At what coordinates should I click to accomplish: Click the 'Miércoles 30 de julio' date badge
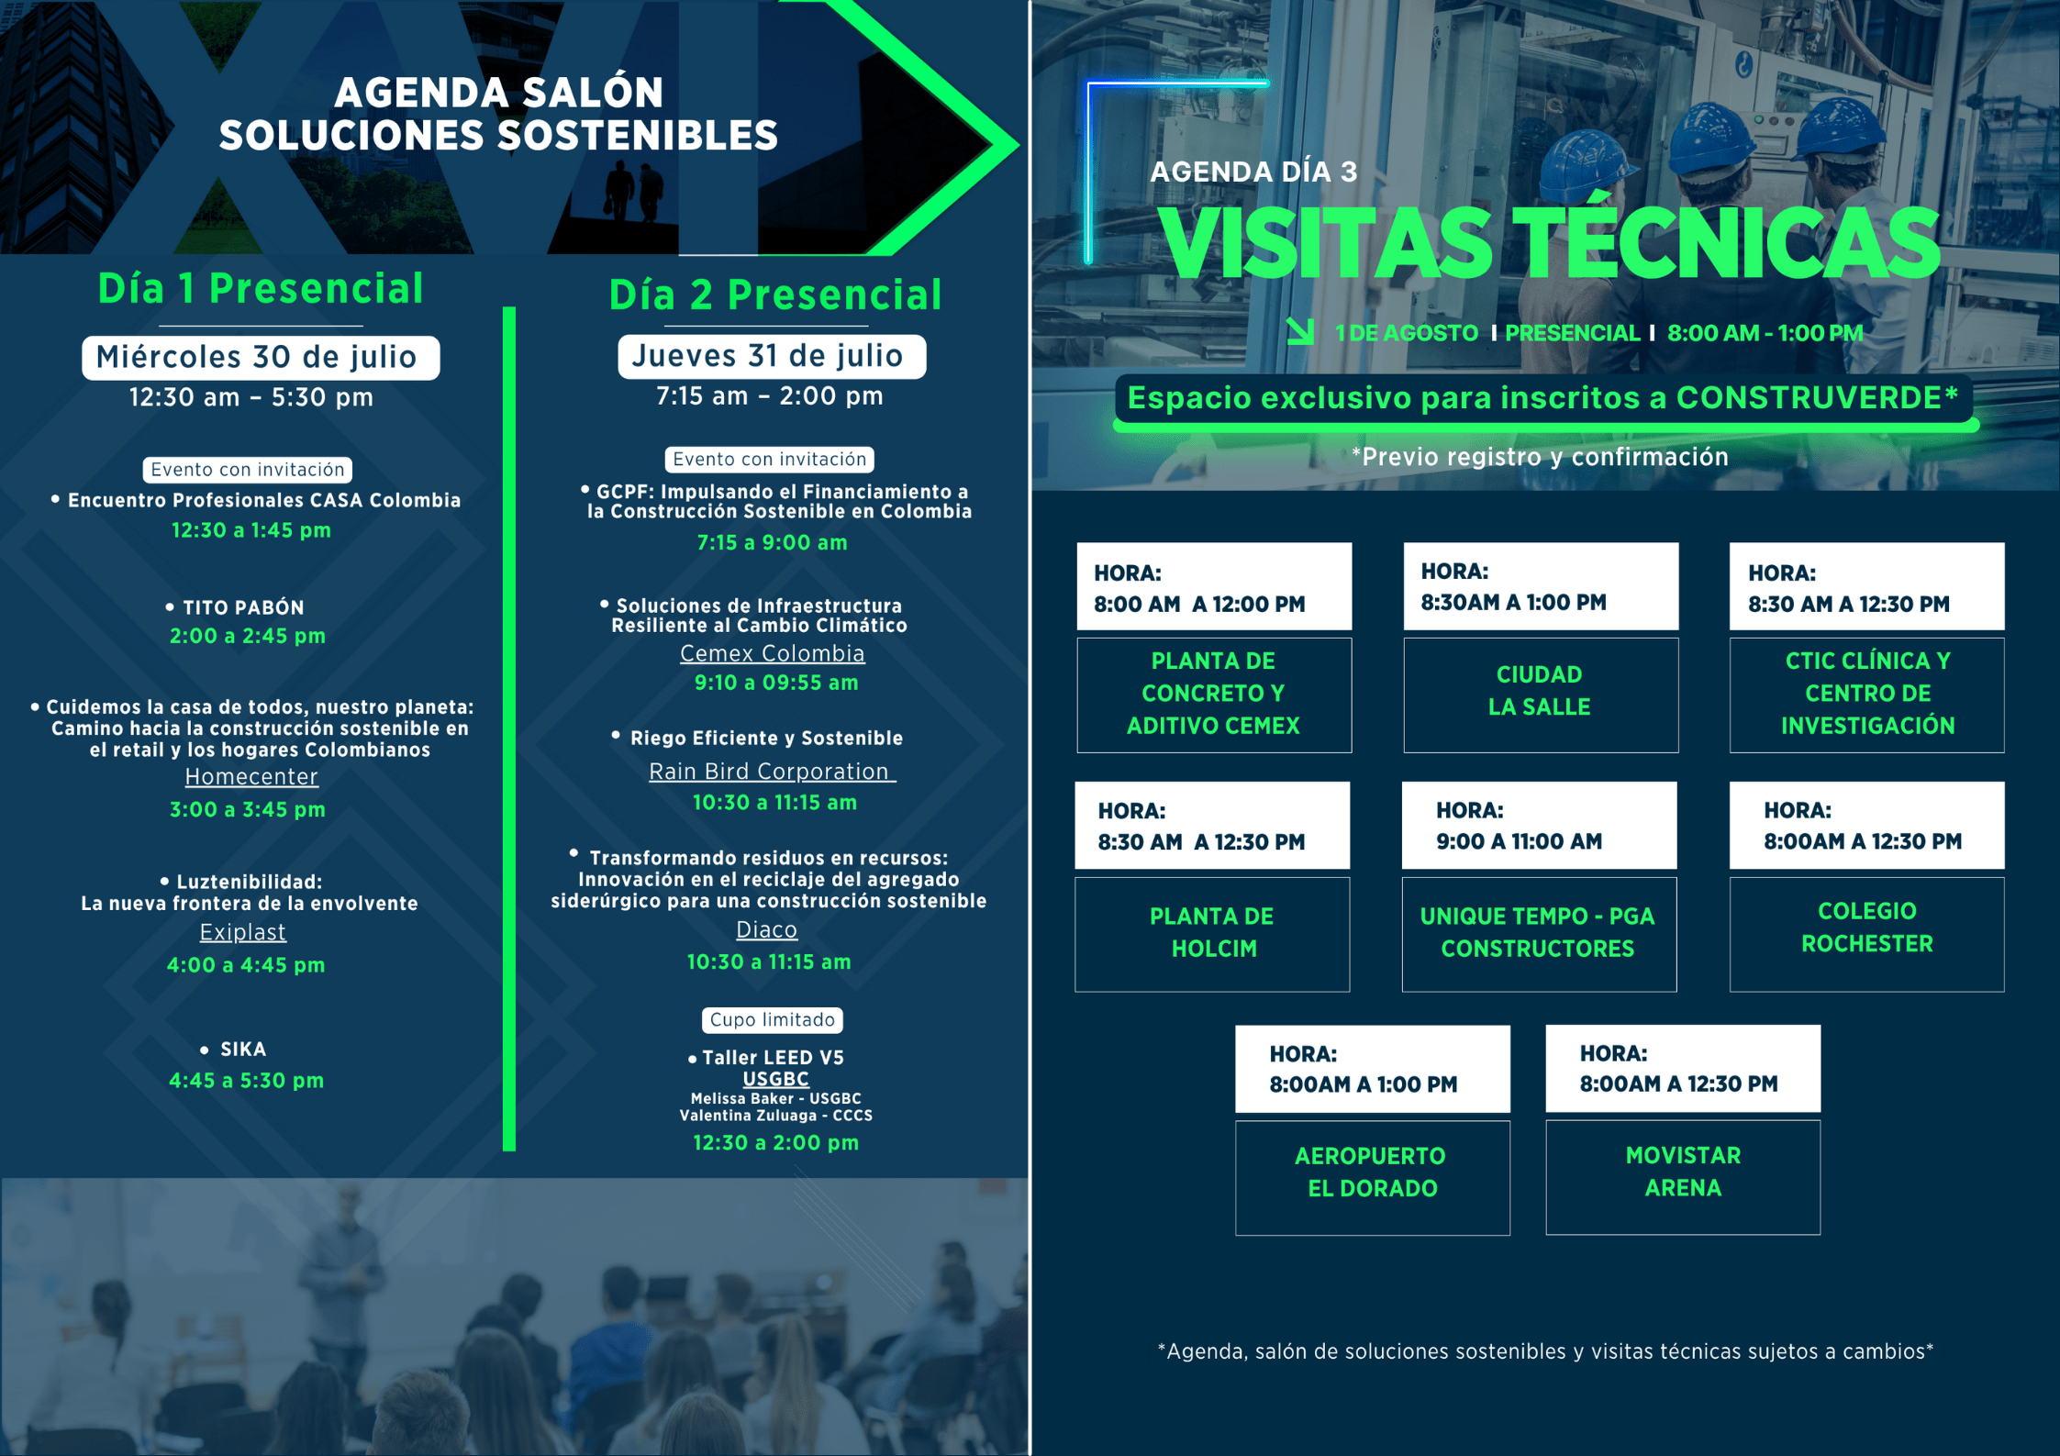tap(261, 357)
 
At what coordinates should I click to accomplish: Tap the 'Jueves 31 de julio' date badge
tap(772, 356)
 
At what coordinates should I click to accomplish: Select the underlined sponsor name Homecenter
tap(251, 776)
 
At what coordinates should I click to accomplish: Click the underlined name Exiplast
tap(243, 932)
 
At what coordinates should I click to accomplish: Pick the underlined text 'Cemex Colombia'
tap(772, 653)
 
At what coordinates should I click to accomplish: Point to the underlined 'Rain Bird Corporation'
tap(772, 772)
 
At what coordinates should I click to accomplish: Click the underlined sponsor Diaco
tap(766, 929)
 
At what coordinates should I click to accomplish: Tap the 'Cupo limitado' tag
tap(773, 1020)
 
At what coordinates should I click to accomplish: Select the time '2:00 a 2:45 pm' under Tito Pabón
tap(248, 636)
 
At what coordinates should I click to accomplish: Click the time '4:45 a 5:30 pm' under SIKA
tap(246, 1081)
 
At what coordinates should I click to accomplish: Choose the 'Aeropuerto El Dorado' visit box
tap(1372, 1177)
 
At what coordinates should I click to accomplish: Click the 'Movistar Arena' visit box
tap(1683, 1177)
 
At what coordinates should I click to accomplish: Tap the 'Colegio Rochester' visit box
tap(1866, 934)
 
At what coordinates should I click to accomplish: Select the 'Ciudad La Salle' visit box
tap(1541, 695)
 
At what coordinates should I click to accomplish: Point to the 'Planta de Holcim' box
tap(1212, 934)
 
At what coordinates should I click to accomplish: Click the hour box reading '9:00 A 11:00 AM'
tap(1539, 826)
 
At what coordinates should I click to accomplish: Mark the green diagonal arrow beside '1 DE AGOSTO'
tap(1300, 331)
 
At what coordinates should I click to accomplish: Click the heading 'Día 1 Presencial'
tap(261, 289)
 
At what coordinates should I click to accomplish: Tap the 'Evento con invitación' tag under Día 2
tap(769, 459)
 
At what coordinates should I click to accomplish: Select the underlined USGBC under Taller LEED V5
tap(775, 1079)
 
